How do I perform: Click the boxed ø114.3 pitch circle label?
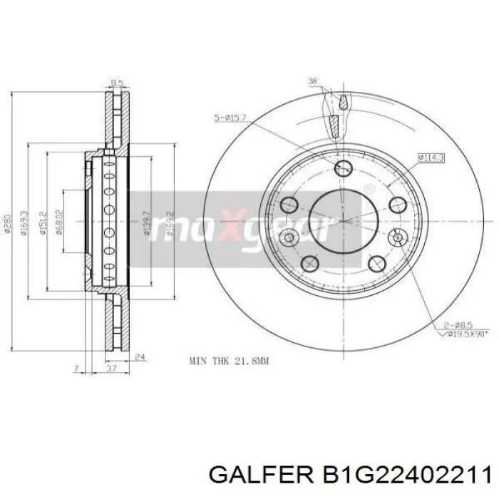(x=431, y=157)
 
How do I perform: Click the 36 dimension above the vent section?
(x=313, y=81)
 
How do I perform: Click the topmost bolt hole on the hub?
(x=343, y=168)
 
